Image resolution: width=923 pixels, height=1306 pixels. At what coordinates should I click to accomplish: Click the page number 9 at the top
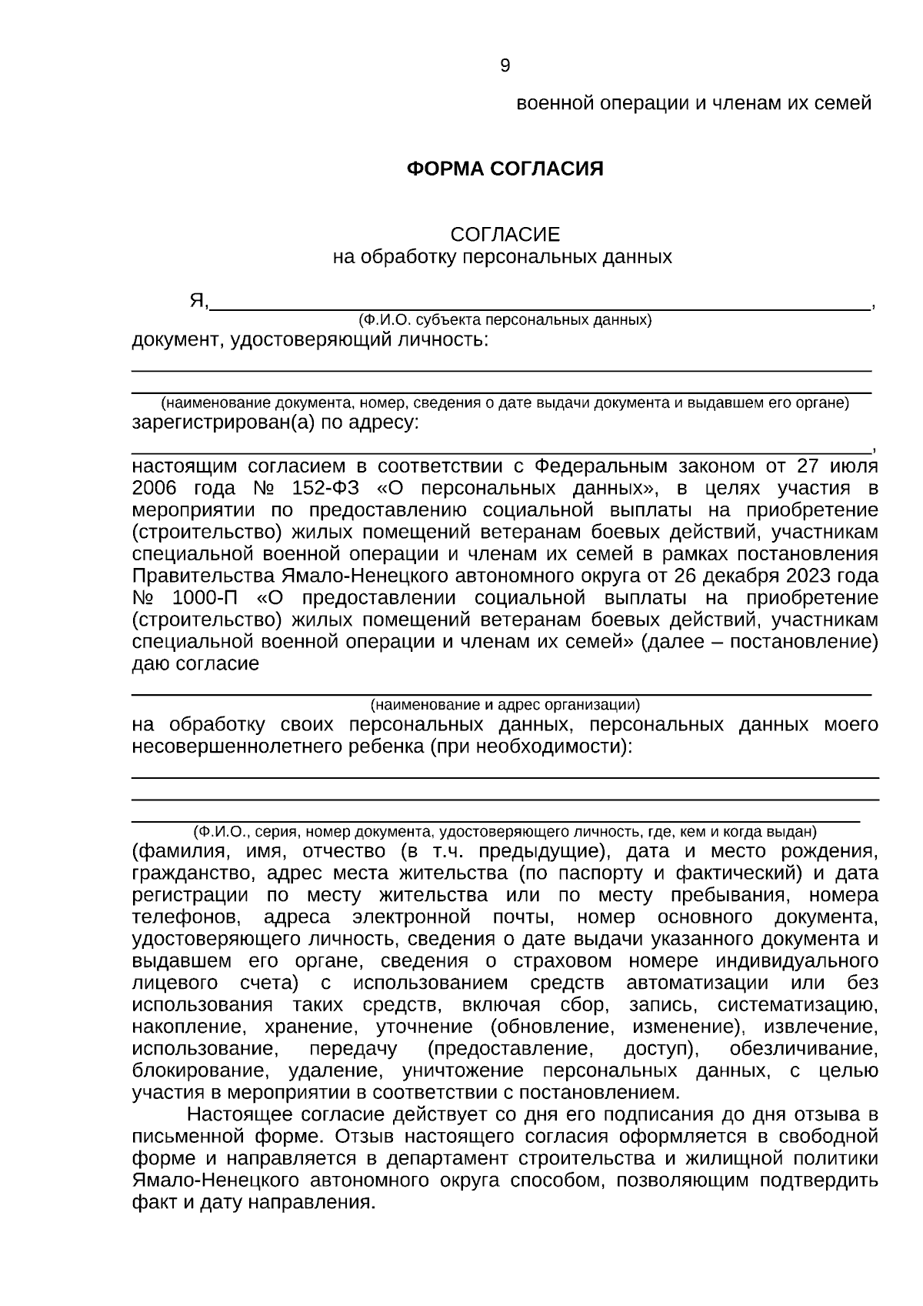tap(505, 66)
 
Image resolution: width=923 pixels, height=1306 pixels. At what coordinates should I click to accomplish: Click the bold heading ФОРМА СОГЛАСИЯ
tap(505, 169)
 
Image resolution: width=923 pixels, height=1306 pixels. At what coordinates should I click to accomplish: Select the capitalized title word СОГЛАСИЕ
tap(505, 234)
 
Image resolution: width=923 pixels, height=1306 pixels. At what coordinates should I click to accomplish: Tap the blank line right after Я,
tap(538, 302)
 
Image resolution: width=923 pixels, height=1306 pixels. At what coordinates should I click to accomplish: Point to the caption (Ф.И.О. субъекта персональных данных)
tap(505, 319)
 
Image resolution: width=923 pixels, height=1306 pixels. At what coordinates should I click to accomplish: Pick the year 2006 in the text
tap(155, 488)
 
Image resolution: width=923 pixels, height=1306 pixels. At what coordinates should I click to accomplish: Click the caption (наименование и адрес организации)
tap(505, 703)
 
